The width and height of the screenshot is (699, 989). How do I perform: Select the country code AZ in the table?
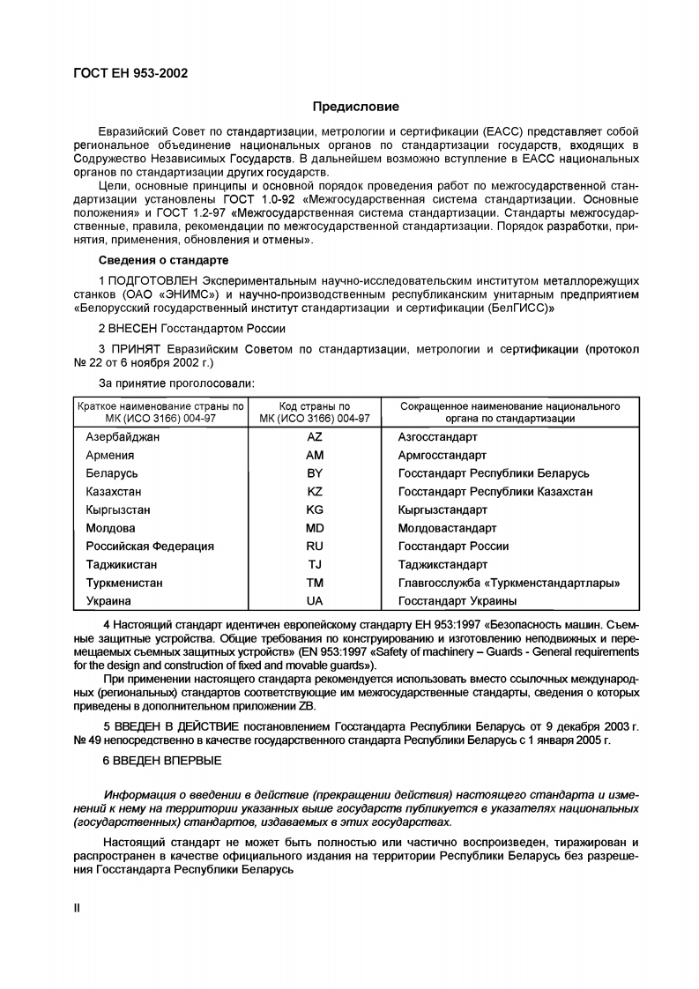pos(315,437)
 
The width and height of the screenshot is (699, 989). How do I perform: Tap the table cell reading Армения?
pos(110,456)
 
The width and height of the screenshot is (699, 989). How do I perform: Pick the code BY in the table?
pos(315,473)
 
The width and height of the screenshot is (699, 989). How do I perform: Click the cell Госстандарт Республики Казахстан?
pos(495,492)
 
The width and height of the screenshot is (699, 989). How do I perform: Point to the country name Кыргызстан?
pos(118,510)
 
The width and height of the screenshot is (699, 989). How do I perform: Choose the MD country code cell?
pos(315,528)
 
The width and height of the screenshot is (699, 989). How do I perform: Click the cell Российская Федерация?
pos(150,547)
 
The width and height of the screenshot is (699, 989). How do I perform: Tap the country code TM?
pos(315,584)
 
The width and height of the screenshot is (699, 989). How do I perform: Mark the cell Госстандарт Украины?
pos(457,601)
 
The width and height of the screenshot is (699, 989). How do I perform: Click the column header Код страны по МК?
pos(315,413)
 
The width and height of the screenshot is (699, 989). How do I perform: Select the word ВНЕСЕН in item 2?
pos(133,328)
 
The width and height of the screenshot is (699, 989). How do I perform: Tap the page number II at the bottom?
pos(77,908)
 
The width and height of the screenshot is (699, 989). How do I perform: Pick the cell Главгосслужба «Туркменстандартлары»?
pos(509,584)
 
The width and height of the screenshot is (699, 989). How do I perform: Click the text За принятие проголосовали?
pos(177,383)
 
